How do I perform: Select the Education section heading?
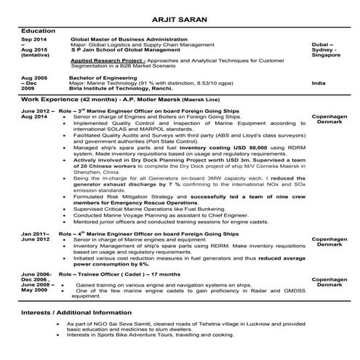(39, 31)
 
